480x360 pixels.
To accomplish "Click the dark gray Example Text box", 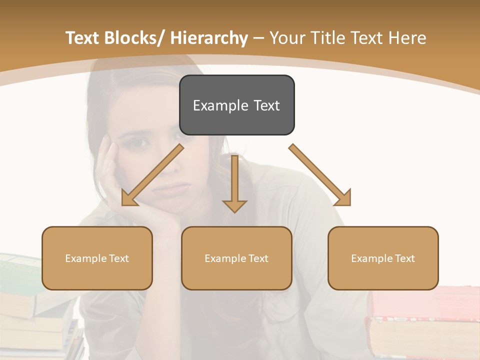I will coord(236,105).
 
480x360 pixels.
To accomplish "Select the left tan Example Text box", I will coord(97,258).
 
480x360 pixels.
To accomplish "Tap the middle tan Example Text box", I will coord(236,258).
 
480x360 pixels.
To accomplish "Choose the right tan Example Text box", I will coord(383,258).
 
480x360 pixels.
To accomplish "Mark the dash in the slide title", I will coord(258,38).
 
